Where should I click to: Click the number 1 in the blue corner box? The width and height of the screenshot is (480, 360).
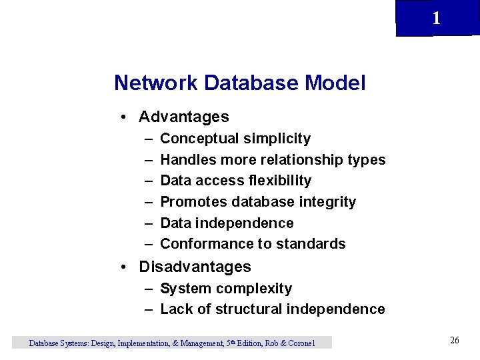pos(436,19)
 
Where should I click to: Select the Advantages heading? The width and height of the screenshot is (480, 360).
pos(183,117)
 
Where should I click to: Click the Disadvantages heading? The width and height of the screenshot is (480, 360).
pos(195,267)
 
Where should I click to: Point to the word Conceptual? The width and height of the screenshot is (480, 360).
pos(200,139)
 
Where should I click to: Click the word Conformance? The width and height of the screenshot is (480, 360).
pos(203,244)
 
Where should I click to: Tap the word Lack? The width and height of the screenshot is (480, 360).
pos(176,309)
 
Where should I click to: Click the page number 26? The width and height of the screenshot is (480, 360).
pos(455,341)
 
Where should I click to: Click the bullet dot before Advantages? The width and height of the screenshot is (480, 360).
pos(125,118)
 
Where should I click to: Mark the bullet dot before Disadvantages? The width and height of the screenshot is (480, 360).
pos(125,268)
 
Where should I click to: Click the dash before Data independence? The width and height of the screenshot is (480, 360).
pos(147,223)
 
